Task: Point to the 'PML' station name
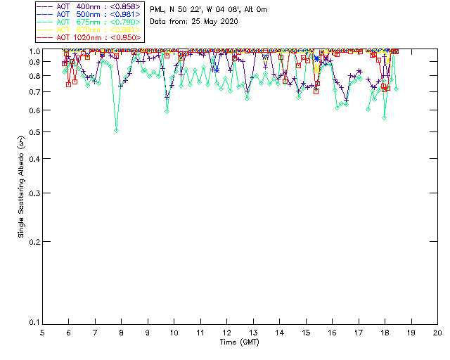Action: tap(158, 10)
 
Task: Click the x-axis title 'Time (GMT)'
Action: tap(240, 342)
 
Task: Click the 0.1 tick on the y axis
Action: tap(32, 323)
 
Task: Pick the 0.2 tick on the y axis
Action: tap(32, 241)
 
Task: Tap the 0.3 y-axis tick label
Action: tap(32, 193)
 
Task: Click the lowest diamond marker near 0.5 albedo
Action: tap(117, 130)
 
